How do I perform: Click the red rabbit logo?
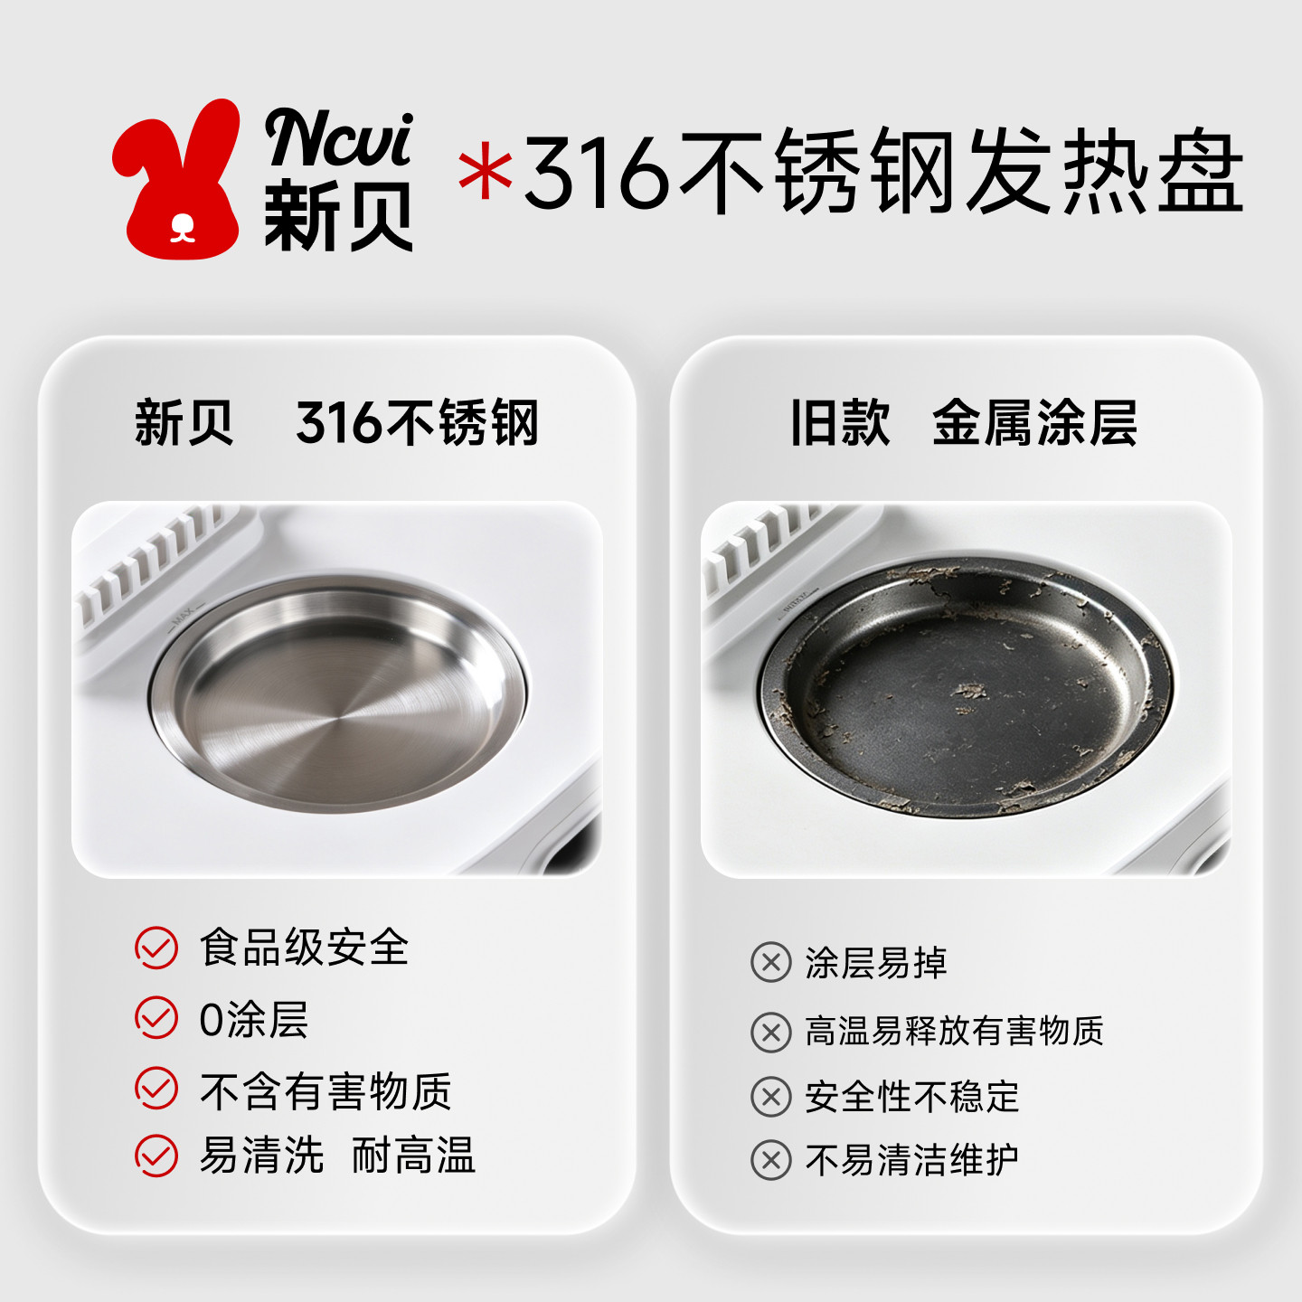[x=177, y=183]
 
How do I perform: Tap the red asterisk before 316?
[x=486, y=175]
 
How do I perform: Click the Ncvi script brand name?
[x=339, y=137]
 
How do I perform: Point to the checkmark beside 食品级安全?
[x=156, y=948]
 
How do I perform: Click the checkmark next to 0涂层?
[x=156, y=1017]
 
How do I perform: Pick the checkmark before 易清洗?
[x=156, y=1156]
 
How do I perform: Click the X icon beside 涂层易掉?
[x=771, y=962]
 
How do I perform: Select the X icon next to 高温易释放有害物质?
[x=771, y=1033]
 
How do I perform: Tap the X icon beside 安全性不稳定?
[x=771, y=1098]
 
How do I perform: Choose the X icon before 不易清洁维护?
[x=771, y=1161]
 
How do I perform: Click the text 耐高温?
[x=413, y=1156]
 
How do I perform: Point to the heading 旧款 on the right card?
[x=840, y=422]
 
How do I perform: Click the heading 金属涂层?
[x=1034, y=422]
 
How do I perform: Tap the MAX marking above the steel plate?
[x=184, y=616]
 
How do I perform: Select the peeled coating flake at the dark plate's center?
[x=970, y=691]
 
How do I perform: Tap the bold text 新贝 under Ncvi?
[x=338, y=216]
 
